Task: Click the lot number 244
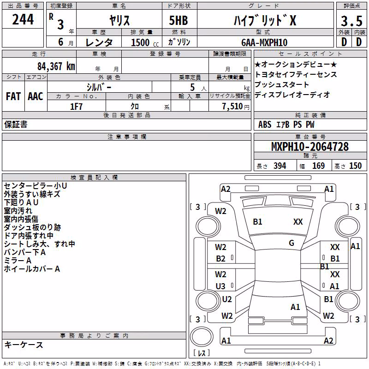coord(23,19)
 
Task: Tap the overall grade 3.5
coord(351,21)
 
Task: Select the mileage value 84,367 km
coord(56,66)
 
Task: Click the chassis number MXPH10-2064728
coord(310,146)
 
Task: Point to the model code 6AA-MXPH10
coord(264,42)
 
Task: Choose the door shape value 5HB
coord(179,20)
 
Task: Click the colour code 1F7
coord(76,107)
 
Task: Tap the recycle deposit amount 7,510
coord(232,107)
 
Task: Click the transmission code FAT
coord(13,96)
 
